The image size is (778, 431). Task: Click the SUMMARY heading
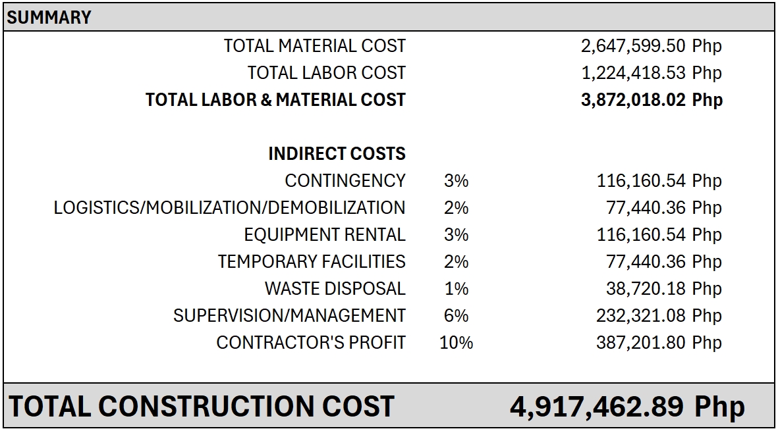tap(49, 17)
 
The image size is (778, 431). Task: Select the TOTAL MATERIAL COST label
tap(314, 46)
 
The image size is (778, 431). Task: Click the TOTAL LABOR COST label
tap(326, 73)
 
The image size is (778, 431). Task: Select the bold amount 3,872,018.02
tap(635, 100)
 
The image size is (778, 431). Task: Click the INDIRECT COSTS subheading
tap(337, 154)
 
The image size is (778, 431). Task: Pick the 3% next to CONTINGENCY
tap(456, 181)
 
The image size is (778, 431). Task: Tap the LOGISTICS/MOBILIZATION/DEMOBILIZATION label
tap(229, 208)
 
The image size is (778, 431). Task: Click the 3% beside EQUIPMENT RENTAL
tap(456, 235)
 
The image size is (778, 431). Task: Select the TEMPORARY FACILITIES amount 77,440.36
tap(646, 262)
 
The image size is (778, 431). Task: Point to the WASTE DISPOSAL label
tap(335, 289)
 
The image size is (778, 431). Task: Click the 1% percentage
tap(456, 289)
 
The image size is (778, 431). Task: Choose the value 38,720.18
tap(646, 289)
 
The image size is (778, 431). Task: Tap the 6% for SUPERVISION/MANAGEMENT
tap(456, 316)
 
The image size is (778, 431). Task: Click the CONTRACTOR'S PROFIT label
tap(311, 343)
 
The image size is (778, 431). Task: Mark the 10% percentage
tap(456, 343)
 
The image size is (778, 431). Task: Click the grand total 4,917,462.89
tap(597, 406)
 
